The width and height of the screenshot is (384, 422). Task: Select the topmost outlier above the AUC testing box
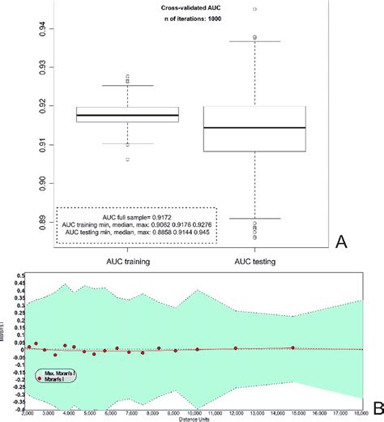point(255,9)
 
